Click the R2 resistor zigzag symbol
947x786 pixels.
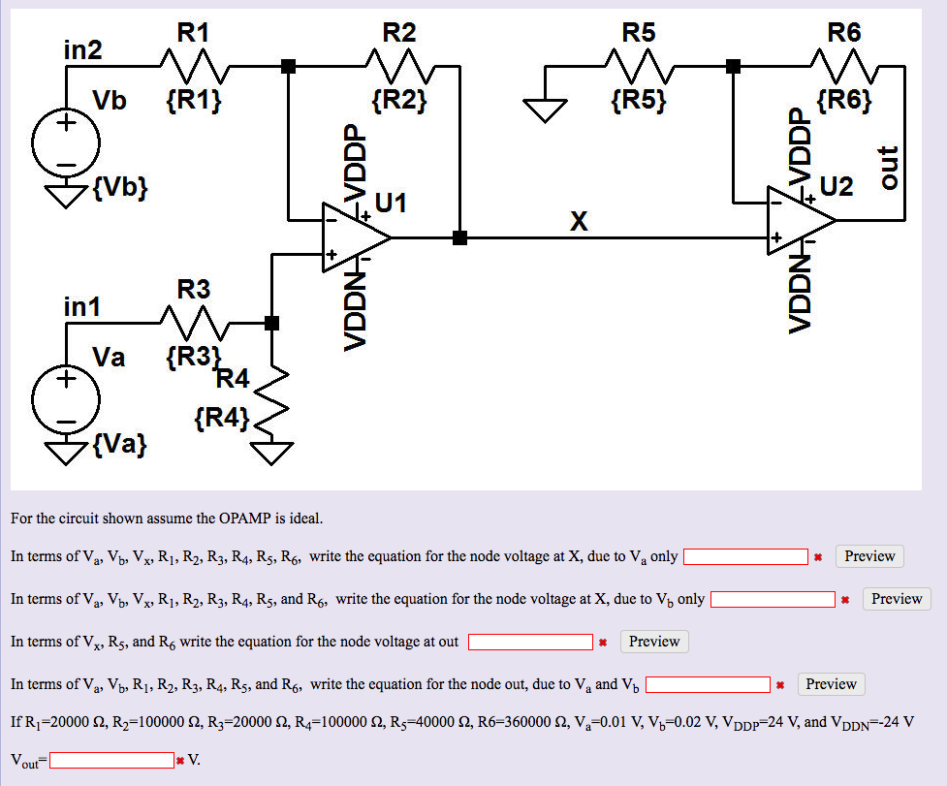click(x=399, y=67)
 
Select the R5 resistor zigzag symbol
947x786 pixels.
click(x=639, y=67)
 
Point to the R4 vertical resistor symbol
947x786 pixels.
click(x=272, y=397)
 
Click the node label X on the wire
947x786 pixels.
click(x=579, y=222)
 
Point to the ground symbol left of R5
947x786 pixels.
click(x=546, y=111)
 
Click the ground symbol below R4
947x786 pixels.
click(x=272, y=453)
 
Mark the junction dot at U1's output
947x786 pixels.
click(x=459, y=237)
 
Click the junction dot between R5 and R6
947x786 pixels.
click(x=734, y=67)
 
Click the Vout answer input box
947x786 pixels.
click(x=112, y=760)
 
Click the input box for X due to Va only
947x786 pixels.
click(x=745, y=556)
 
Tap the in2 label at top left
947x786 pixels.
click(x=82, y=49)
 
